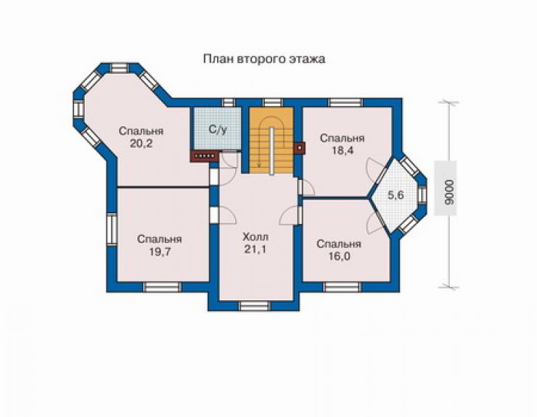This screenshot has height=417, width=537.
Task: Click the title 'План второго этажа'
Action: point(264,59)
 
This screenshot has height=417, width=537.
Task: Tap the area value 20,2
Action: point(141,144)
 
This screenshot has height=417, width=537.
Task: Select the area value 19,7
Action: point(160,252)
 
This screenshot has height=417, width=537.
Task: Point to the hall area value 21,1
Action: point(255,249)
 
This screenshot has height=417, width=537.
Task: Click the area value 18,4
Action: point(342,151)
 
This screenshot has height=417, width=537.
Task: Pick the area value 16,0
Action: point(339,256)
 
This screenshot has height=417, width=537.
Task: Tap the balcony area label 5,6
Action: point(395,195)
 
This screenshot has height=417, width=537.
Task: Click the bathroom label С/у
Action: point(218,130)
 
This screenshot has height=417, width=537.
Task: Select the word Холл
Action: point(255,237)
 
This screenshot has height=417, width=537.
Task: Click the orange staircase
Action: point(271,141)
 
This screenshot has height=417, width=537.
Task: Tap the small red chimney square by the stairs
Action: point(300,148)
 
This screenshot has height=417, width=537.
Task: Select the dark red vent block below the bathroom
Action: point(205,156)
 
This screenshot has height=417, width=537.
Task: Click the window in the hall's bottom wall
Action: point(253,306)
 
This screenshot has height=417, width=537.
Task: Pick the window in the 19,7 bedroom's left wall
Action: point(111,228)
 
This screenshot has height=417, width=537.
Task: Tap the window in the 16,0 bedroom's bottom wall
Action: point(342,287)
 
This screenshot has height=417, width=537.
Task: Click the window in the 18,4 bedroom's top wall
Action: point(345,102)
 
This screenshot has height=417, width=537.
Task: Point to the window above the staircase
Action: point(274,102)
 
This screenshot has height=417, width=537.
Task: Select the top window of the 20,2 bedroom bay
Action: point(120,67)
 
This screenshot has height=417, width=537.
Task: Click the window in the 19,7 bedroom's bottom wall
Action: point(162,287)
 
